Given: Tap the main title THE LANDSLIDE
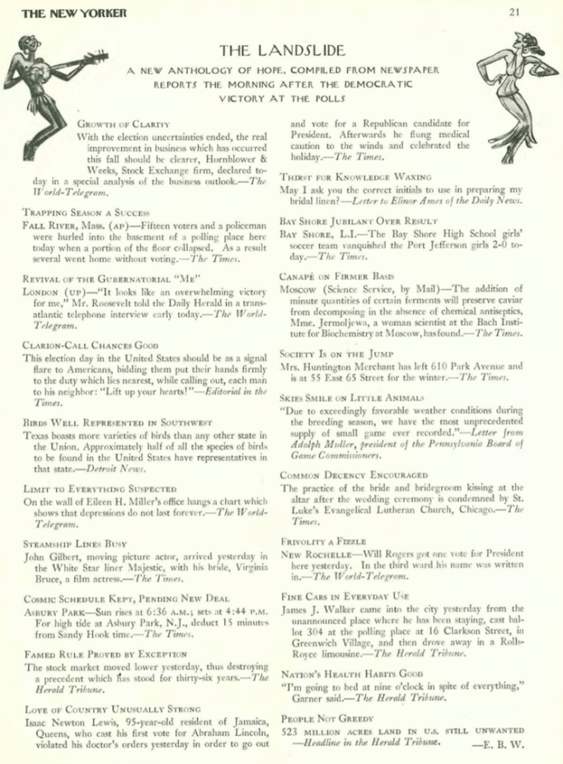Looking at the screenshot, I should tap(281, 50).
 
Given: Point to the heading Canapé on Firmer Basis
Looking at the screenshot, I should tap(336, 276).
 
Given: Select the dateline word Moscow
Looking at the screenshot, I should tap(300, 289).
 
